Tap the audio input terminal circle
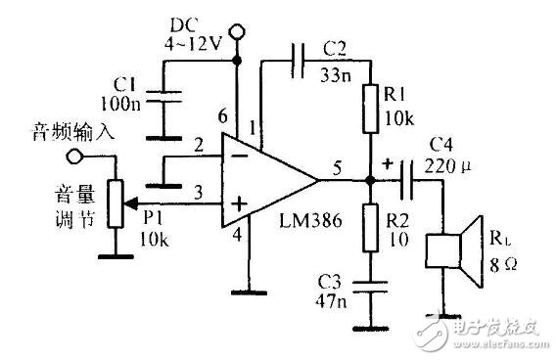click(x=71, y=156)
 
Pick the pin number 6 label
click(x=221, y=117)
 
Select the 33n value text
click(x=336, y=68)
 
